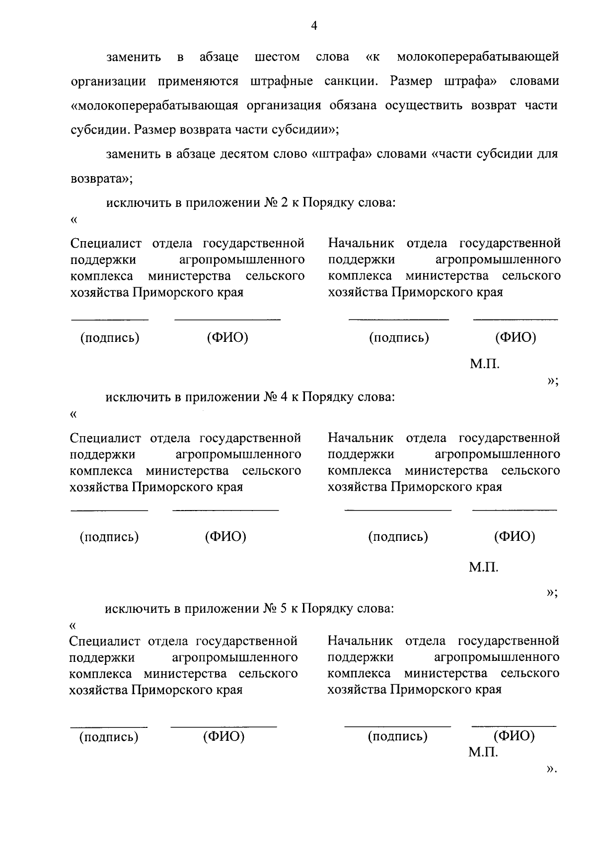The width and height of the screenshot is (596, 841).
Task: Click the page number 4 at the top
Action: coord(313,26)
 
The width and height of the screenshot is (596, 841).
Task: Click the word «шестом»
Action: coord(277,57)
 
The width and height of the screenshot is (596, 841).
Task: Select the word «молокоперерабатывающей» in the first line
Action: coord(478,57)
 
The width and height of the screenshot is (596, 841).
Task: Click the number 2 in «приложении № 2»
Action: coord(284,203)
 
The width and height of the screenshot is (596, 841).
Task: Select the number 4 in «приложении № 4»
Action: coord(284,397)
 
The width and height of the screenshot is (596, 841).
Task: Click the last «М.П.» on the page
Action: coord(483,753)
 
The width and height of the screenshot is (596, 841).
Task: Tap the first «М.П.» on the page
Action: coord(485,365)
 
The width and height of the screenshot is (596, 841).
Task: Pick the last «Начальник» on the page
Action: coord(360,641)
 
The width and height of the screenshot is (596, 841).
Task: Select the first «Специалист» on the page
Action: coord(106,244)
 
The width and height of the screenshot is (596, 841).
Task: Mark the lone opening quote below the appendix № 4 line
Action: coord(74,413)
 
